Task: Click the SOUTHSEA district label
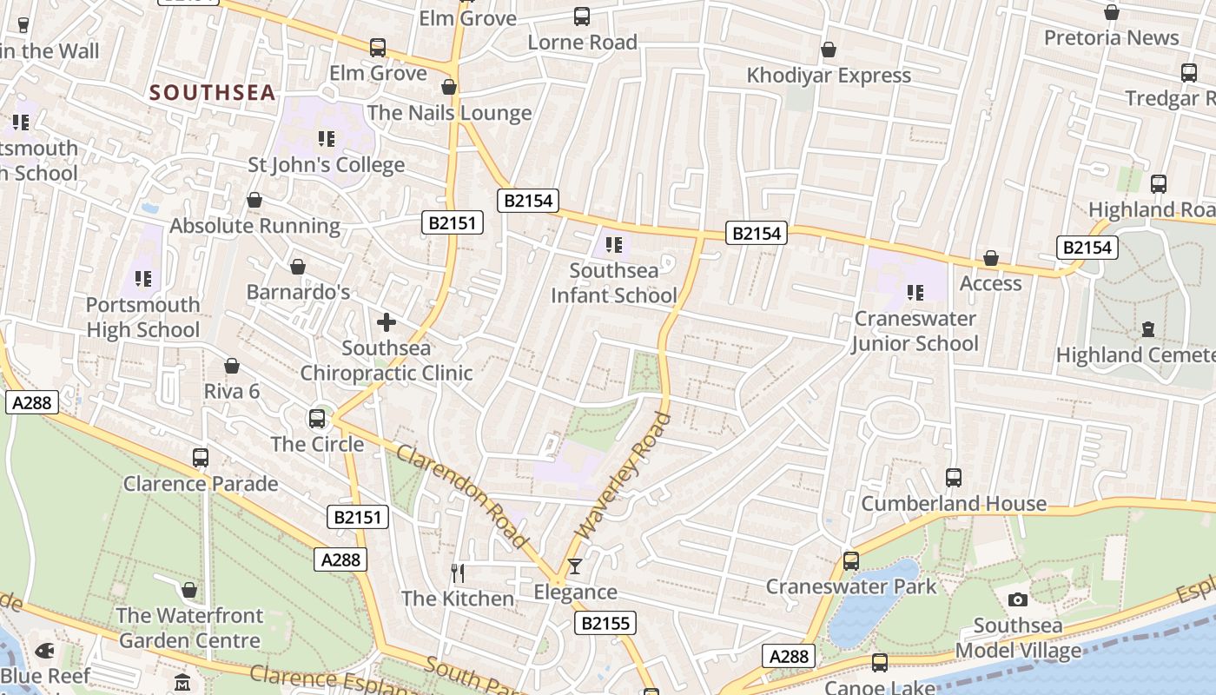click(x=213, y=92)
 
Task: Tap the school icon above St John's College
click(x=327, y=138)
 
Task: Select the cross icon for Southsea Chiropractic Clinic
click(x=387, y=323)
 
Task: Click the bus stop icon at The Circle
click(x=317, y=419)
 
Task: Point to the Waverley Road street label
click(x=624, y=476)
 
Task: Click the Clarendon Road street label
click(x=461, y=496)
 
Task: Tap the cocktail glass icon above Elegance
click(x=574, y=567)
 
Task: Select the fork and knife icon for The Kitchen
click(x=458, y=573)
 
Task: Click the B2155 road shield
click(x=605, y=623)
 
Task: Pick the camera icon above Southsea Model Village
click(x=1018, y=599)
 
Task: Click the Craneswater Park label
click(x=850, y=586)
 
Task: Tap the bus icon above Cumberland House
click(x=954, y=477)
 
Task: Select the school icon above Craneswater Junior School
click(x=915, y=293)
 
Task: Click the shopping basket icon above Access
click(x=990, y=258)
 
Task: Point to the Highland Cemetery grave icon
click(x=1148, y=329)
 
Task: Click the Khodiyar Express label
click(x=829, y=76)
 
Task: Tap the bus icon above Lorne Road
click(x=582, y=16)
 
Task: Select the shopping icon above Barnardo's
click(x=298, y=266)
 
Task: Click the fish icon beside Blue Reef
click(x=45, y=650)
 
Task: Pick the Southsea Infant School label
click(x=613, y=283)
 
